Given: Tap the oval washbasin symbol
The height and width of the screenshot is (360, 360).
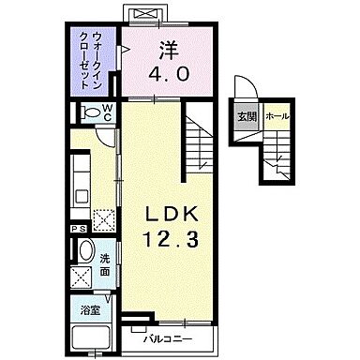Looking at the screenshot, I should tap(85, 252).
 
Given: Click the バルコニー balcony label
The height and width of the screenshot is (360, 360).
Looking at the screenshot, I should tap(168, 337).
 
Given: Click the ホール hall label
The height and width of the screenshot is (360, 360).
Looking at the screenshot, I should tap(277, 117).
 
